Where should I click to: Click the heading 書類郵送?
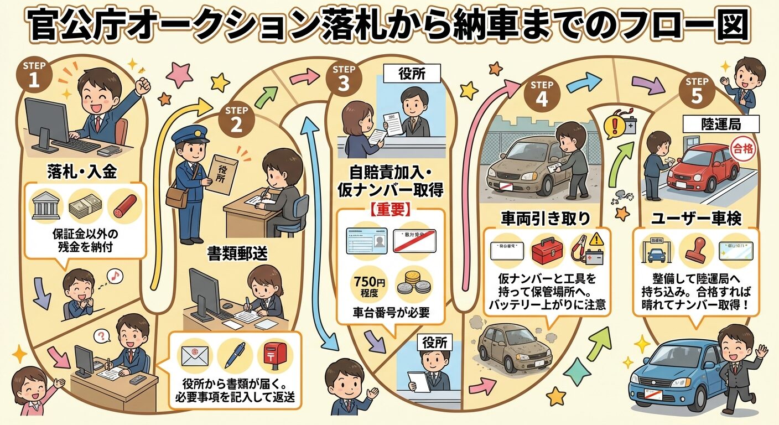click(x=237, y=254)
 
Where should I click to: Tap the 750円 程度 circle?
click(x=368, y=283)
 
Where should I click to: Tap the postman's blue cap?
click(x=190, y=134)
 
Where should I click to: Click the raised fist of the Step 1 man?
click(x=144, y=85)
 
